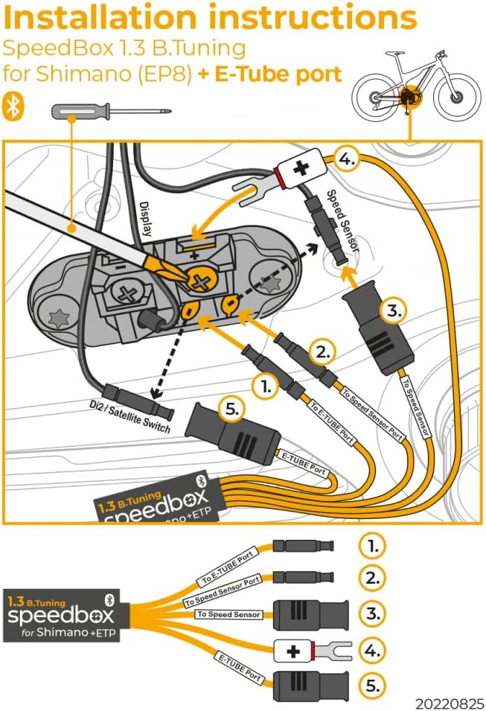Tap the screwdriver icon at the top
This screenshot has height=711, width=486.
(110, 112)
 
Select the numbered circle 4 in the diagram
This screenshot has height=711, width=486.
(346, 159)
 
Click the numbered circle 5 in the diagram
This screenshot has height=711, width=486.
(231, 408)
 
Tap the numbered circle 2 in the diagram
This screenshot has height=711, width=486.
(320, 351)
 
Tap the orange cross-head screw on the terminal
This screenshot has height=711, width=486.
(199, 279)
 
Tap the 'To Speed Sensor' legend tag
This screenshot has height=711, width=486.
(228, 614)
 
